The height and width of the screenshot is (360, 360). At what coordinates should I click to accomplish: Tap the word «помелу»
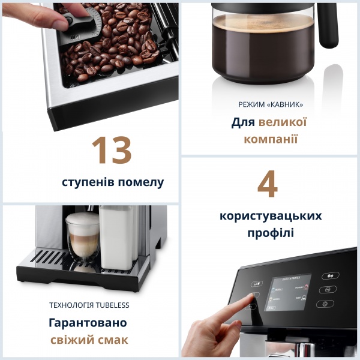tap(142, 182)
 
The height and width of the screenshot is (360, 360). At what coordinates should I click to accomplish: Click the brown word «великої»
tap(283, 122)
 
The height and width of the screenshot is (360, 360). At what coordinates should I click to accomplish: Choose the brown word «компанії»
tap(271, 139)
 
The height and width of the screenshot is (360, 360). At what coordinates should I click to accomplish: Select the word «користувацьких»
tap(271, 215)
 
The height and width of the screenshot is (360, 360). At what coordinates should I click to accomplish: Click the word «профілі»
tap(271, 233)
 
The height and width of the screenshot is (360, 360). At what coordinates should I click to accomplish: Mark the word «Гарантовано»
tap(88, 323)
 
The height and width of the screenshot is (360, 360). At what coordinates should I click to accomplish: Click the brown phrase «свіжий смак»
tap(89, 340)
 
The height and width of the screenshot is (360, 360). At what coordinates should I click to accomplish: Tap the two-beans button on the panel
tap(328, 277)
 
